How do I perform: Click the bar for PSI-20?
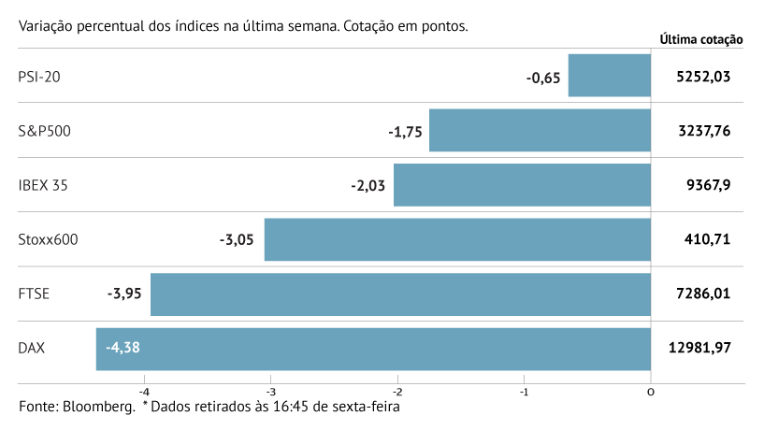(609, 76)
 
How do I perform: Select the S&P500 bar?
(540, 131)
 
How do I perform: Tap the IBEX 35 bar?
(522, 185)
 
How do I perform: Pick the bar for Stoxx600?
(457, 239)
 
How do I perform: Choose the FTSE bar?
(400, 294)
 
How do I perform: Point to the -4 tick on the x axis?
(145, 391)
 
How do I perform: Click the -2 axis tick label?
(397, 391)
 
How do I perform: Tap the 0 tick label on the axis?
(651, 391)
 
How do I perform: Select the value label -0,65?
(542, 78)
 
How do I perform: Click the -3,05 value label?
(237, 240)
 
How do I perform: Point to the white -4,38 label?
(123, 349)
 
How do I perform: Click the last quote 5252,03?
(702, 77)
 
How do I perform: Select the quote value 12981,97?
(699, 348)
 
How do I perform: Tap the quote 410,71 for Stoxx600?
(708, 239)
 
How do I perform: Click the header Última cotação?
(701, 39)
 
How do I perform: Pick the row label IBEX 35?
(43, 185)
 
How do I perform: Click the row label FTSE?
(34, 294)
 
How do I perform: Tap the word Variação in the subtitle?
(46, 26)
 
